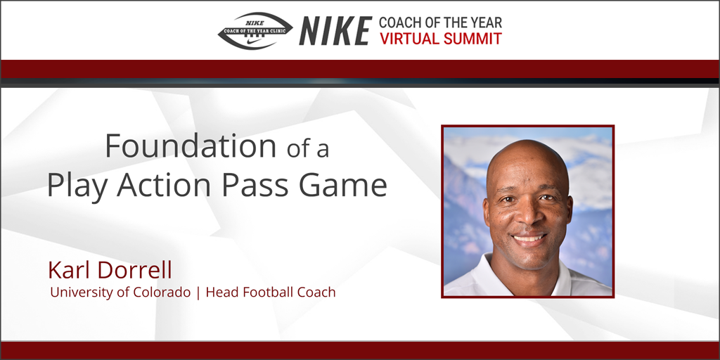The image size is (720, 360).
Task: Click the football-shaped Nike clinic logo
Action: (x=255, y=31)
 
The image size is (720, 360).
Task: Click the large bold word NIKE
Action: (x=335, y=31)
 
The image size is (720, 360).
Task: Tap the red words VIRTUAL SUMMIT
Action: (x=440, y=39)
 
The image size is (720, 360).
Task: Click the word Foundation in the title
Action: (x=191, y=146)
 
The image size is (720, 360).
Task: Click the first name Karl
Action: (x=68, y=270)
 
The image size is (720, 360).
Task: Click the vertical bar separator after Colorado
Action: (x=198, y=292)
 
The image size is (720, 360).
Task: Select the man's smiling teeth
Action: (x=529, y=238)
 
